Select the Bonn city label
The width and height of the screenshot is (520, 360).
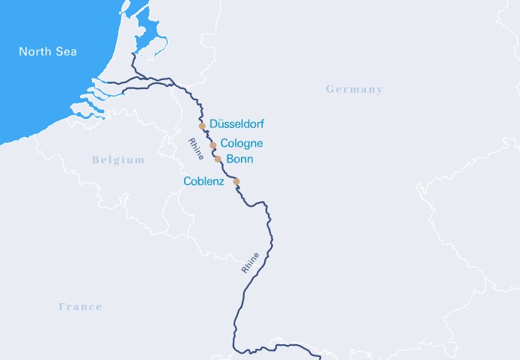(x=239, y=159)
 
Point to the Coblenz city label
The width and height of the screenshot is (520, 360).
(x=204, y=181)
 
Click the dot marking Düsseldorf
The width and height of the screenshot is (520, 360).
(x=202, y=126)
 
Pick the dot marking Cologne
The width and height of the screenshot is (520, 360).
(x=213, y=145)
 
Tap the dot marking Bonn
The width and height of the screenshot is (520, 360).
(x=218, y=159)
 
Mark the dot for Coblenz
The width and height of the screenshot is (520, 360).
(x=236, y=181)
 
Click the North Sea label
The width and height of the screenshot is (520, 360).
(x=48, y=52)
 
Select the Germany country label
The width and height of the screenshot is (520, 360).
(x=354, y=90)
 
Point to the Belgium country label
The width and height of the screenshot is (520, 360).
(x=118, y=160)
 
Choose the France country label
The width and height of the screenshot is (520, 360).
(x=80, y=307)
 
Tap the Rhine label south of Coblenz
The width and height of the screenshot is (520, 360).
(x=250, y=260)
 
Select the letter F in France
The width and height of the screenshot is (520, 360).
(x=62, y=307)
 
